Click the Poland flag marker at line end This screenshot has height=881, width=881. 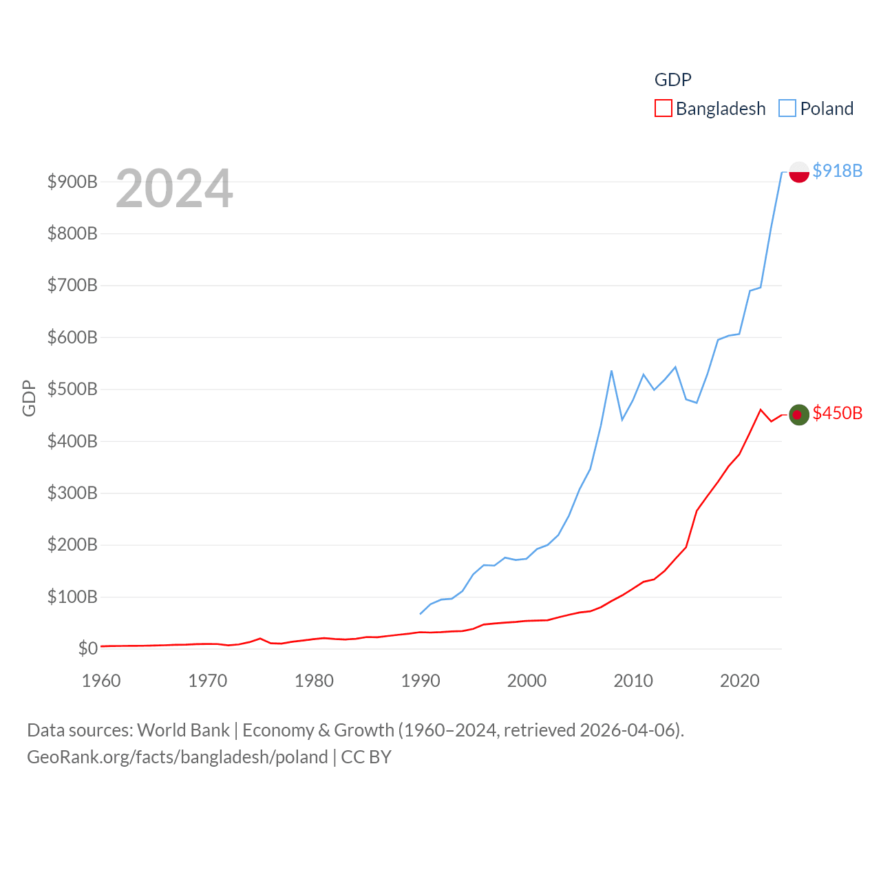pos(798,171)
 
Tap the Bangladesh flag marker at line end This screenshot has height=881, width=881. pos(798,414)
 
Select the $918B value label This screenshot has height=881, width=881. pos(837,171)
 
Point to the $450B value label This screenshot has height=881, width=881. pos(837,413)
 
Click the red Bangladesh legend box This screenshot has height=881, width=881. pos(663,109)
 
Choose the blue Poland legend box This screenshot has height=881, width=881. pos(787,109)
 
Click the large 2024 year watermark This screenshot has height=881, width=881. pos(174,189)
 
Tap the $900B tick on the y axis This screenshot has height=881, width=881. pos(72,182)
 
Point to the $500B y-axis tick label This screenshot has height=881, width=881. pos(72,389)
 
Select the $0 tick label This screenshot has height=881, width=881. pos(87,648)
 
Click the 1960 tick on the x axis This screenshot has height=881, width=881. pos(101,681)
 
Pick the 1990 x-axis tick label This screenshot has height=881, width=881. pos(421,681)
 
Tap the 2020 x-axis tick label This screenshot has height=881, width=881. pos(740,681)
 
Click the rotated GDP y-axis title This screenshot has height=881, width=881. pos(29,398)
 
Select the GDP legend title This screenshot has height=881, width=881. pos(672,80)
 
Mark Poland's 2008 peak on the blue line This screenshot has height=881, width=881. pos(611,371)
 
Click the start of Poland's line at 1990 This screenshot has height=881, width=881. pos(421,613)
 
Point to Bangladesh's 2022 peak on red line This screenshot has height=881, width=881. pos(761,410)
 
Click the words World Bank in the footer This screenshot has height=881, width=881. pos(183,730)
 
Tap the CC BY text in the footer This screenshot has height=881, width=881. pos(366,757)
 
